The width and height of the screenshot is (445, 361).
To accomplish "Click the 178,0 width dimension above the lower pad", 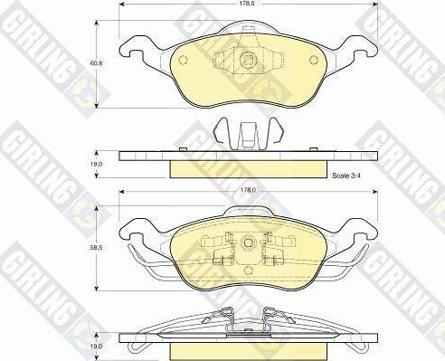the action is click(x=248, y=190).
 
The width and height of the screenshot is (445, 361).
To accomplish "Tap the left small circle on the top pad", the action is click(x=183, y=60).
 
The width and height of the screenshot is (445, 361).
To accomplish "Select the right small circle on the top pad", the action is click(x=314, y=60).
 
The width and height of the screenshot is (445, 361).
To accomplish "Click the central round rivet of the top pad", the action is click(x=249, y=60).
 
